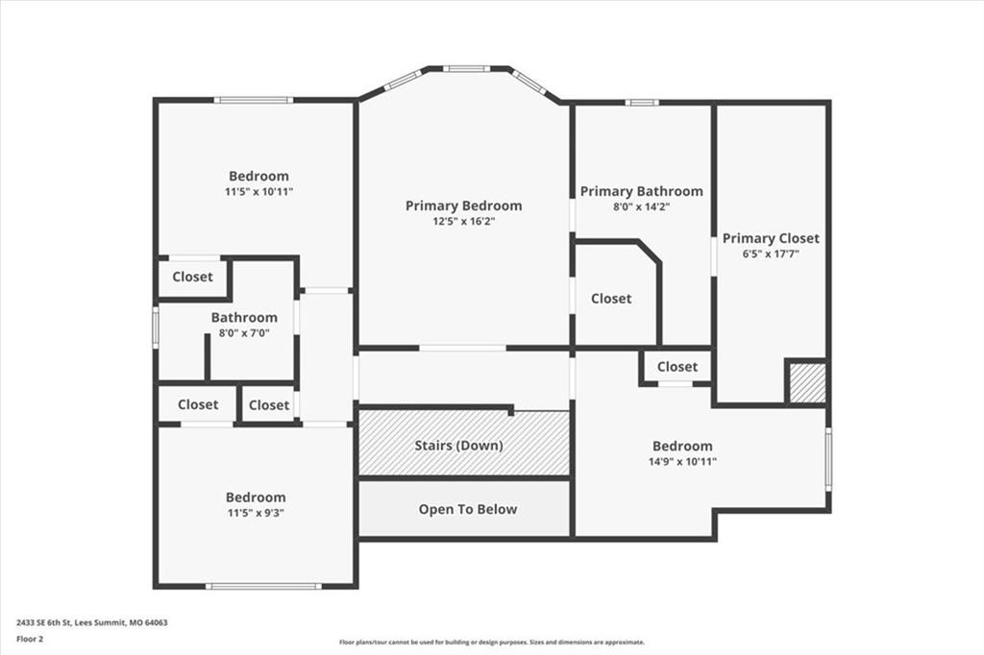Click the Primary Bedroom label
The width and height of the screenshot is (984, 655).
pyautogui.click(x=463, y=206)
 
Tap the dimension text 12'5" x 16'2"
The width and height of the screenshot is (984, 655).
pyautogui.click(x=463, y=222)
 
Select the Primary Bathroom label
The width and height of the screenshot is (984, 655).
pyautogui.click(x=641, y=191)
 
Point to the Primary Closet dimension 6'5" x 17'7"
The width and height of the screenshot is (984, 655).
pyautogui.click(x=771, y=255)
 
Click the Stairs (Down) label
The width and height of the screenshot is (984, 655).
pyautogui.click(x=458, y=446)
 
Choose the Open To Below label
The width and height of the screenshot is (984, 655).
pyautogui.click(x=468, y=509)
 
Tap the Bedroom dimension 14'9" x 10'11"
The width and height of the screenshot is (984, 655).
pyautogui.click(x=683, y=462)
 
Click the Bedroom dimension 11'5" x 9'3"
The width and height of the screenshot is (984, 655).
pyautogui.click(x=256, y=513)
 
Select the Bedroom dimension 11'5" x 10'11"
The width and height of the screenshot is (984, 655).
pyautogui.click(x=259, y=192)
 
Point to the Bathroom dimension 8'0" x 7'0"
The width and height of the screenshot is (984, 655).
pyautogui.click(x=244, y=333)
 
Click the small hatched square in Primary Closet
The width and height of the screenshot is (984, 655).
pyautogui.click(x=807, y=382)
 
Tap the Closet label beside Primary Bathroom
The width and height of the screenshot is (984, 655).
pyautogui.click(x=611, y=299)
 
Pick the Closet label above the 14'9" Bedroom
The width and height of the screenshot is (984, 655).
pyautogui.click(x=677, y=367)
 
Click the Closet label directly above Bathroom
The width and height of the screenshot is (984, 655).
pyautogui.click(x=192, y=277)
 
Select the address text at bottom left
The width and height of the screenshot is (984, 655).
pyautogui.click(x=91, y=623)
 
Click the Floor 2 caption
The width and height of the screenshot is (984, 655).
pyautogui.click(x=30, y=640)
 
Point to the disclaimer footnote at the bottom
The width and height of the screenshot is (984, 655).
pyautogui.click(x=492, y=642)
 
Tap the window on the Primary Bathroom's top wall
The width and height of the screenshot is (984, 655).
pyautogui.click(x=641, y=102)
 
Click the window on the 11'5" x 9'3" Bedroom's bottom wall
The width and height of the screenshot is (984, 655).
pyautogui.click(x=263, y=587)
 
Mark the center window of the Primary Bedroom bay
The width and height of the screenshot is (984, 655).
pyautogui.click(x=468, y=68)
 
